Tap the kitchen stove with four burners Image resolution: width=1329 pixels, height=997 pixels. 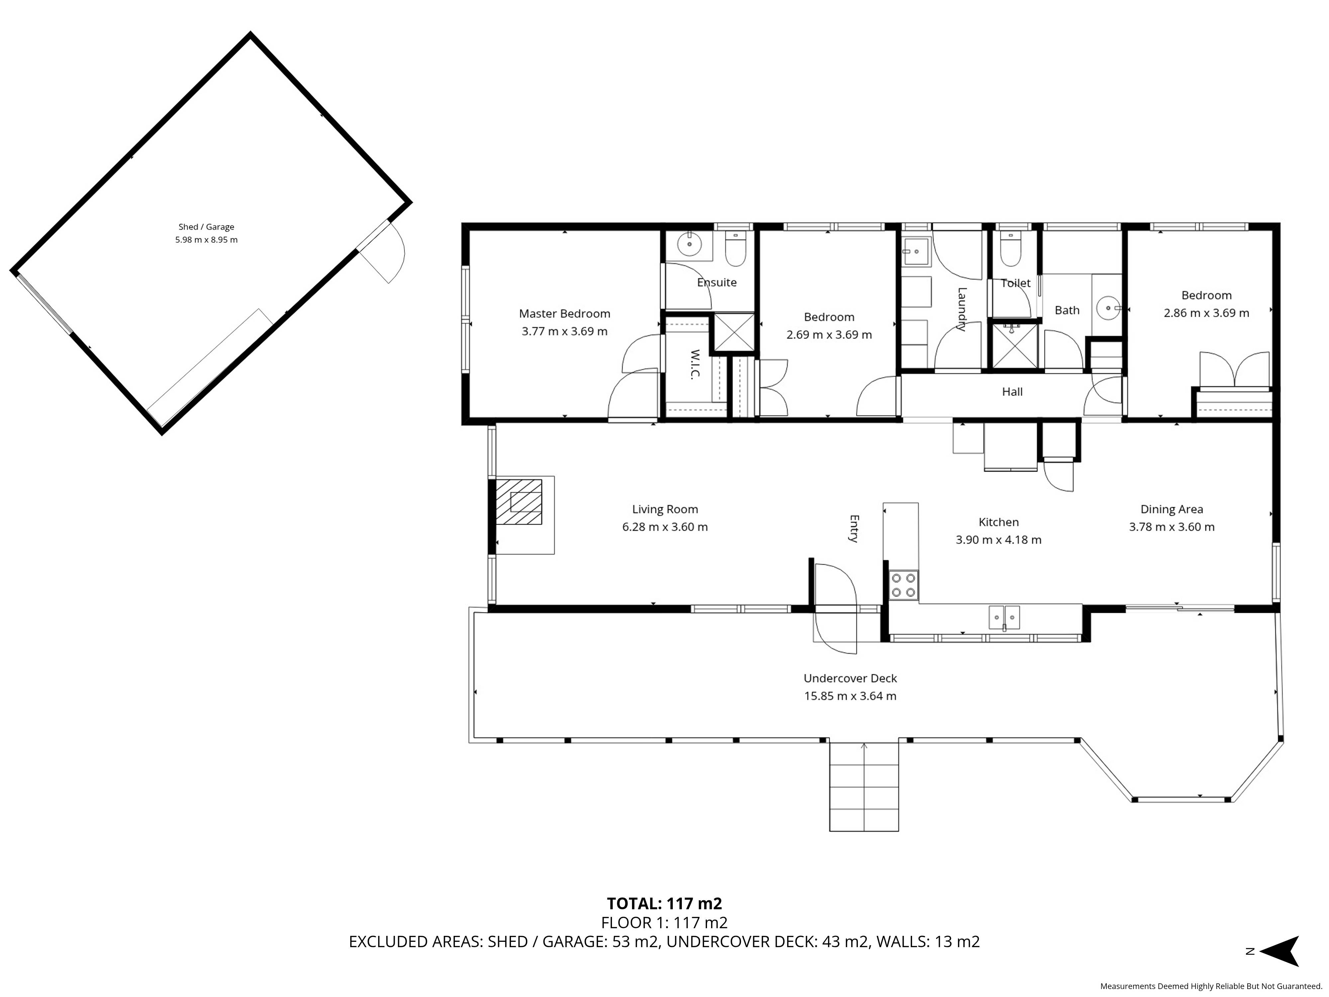904,585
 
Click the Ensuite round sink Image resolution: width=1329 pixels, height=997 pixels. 688,245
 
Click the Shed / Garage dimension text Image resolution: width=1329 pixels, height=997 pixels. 206,240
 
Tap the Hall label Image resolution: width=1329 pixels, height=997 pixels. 1012,392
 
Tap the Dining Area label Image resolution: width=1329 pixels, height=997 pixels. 1172,509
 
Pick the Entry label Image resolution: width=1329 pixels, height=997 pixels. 854,529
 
